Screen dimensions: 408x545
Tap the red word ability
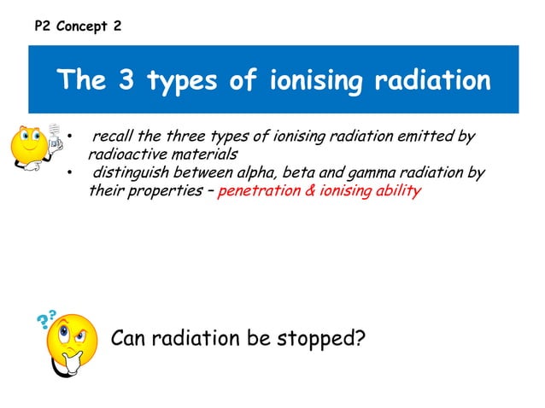pos(398,191)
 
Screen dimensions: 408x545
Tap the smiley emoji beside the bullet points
pos(34,150)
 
